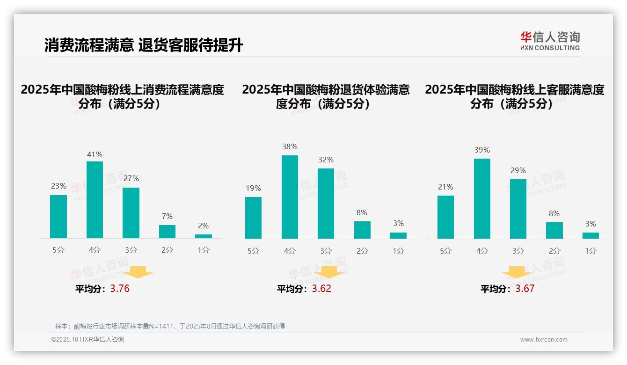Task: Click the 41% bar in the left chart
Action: click(95, 200)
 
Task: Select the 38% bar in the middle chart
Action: click(290, 197)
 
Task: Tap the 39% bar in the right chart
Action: click(482, 198)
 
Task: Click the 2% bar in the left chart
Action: click(204, 236)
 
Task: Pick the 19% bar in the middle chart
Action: click(253, 218)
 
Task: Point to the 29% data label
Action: click(518, 171)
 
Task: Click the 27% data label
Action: click(131, 179)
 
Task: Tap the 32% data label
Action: click(326, 160)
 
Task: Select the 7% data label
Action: click(167, 216)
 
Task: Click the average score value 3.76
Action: click(120, 289)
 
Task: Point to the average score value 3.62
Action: click(321, 289)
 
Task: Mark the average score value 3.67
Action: click(525, 289)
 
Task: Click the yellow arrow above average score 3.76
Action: click(138, 272)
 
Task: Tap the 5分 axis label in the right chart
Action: click(445, 251)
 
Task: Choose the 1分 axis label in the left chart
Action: click(204, 250)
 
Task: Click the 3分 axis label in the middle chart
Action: click(326, 251)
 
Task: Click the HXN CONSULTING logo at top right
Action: click(550, 41)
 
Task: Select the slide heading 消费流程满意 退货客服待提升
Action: click(144, 45)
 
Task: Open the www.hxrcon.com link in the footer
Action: click(544, 340)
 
